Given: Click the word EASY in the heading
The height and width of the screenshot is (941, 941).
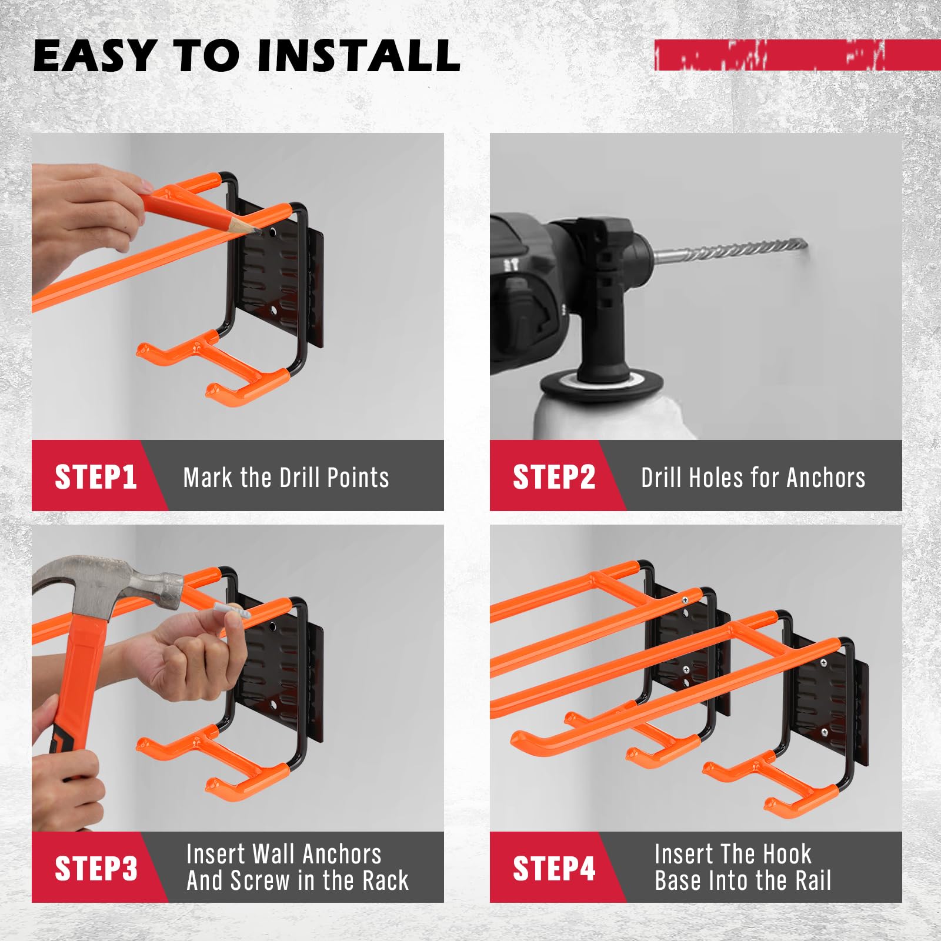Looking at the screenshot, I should point(94,56).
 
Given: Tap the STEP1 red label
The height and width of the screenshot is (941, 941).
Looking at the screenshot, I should point(95,476).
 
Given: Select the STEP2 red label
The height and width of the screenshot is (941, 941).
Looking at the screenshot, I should point(553,476).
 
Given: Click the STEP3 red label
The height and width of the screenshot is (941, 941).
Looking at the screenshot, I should point(95,868).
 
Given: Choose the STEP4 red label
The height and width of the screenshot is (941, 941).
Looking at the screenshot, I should point(553,868).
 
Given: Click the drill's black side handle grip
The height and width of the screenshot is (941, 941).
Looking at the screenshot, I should point(606,329).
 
